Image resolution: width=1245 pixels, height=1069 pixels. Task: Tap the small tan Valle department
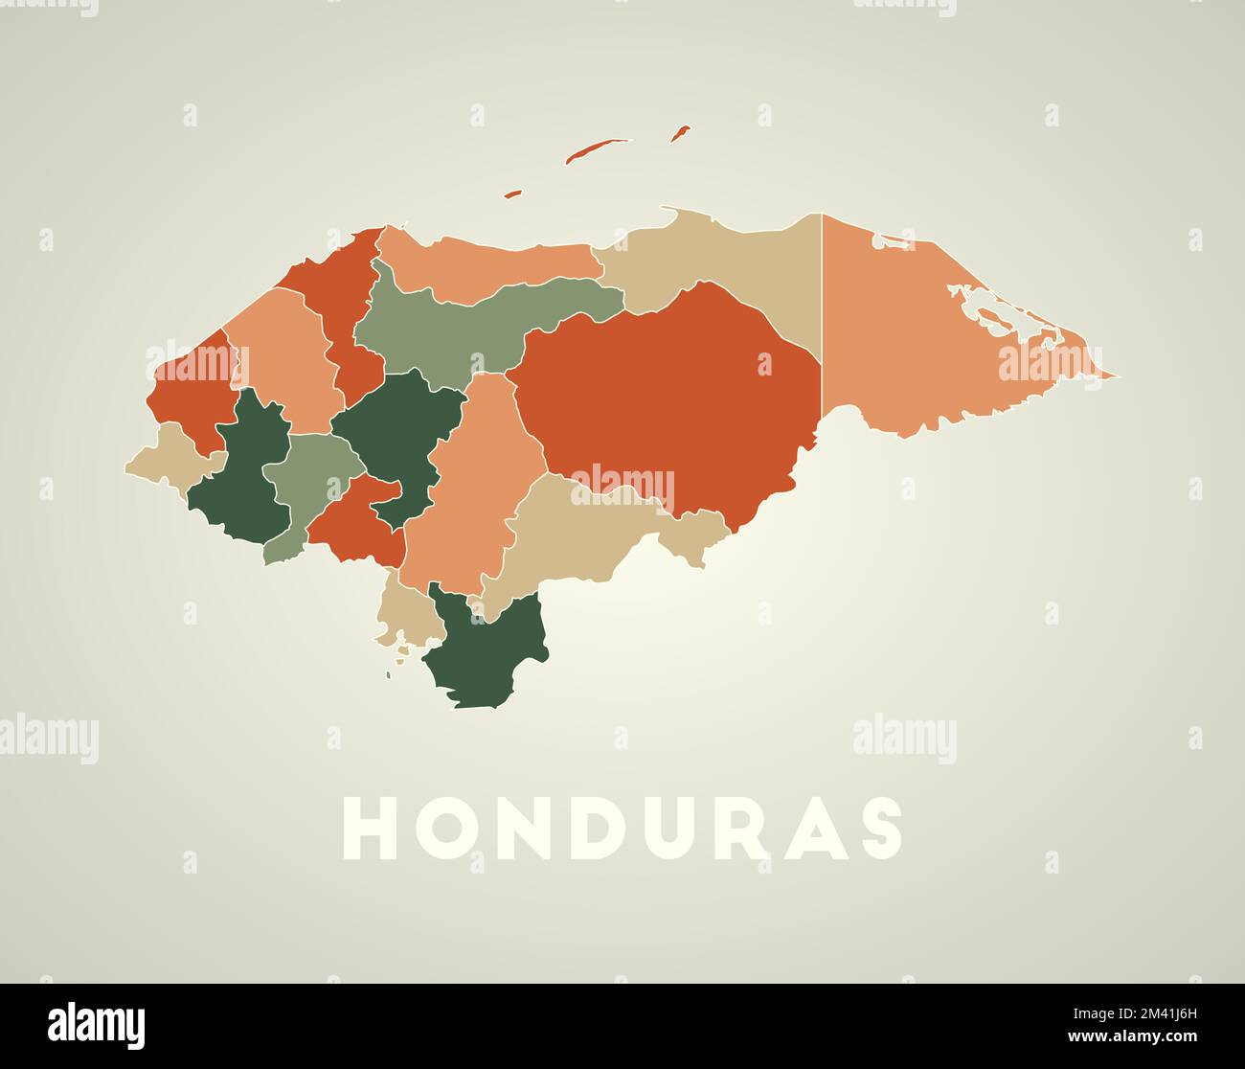coord(407,613)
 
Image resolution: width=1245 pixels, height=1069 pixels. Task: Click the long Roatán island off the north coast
coord(597,149)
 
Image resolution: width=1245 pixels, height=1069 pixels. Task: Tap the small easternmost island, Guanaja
coord(680,133)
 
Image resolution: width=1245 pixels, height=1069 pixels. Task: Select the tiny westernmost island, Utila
coord(513,193)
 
